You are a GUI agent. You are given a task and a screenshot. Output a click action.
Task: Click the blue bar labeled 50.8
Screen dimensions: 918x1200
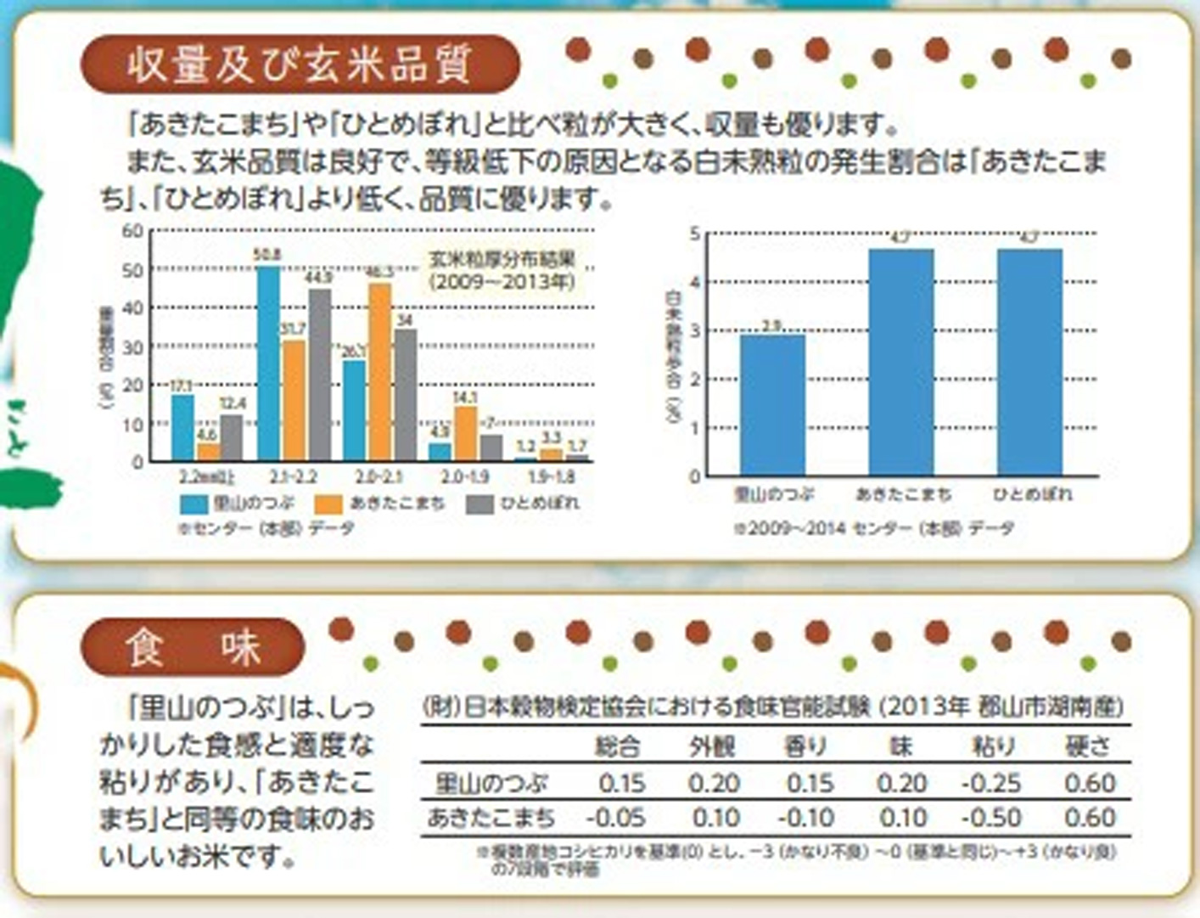(x=268, y=363)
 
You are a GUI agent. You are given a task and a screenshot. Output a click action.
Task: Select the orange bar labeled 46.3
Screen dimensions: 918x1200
(x=380, y=372)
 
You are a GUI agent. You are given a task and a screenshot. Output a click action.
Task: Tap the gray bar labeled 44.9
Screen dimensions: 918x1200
(x=320, y=375)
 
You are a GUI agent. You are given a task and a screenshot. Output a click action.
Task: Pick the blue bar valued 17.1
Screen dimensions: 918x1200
(x=182, y=428)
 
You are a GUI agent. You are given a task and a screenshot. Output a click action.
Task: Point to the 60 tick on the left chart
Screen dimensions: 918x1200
(x=133, y=231)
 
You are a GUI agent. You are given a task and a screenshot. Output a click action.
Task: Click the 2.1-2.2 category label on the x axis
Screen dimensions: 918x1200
(x=293, y=477)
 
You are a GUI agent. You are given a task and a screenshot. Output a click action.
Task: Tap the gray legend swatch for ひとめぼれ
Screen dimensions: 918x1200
(x=480, y=504)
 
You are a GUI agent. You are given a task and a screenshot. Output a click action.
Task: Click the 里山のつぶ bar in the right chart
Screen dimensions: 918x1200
(x=772, y=405)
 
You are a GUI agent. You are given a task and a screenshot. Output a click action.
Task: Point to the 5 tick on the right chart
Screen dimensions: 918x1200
(x=695, y=234)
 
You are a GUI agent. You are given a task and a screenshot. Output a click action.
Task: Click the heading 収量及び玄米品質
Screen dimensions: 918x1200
(x=299, y=65)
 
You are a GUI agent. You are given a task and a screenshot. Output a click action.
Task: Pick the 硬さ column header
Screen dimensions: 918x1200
(x=1088, y=747)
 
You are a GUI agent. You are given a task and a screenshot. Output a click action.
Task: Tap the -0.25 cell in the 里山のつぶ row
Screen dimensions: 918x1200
(x=991, y=783)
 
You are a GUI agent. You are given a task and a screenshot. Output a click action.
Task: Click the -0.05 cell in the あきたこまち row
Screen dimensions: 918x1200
(x=615, y=819)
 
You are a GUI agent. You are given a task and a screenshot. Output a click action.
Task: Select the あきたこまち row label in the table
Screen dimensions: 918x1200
(x=491, y=819)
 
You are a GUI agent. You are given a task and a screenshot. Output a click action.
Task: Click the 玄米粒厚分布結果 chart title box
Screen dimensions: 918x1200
(x=502, y=270)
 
